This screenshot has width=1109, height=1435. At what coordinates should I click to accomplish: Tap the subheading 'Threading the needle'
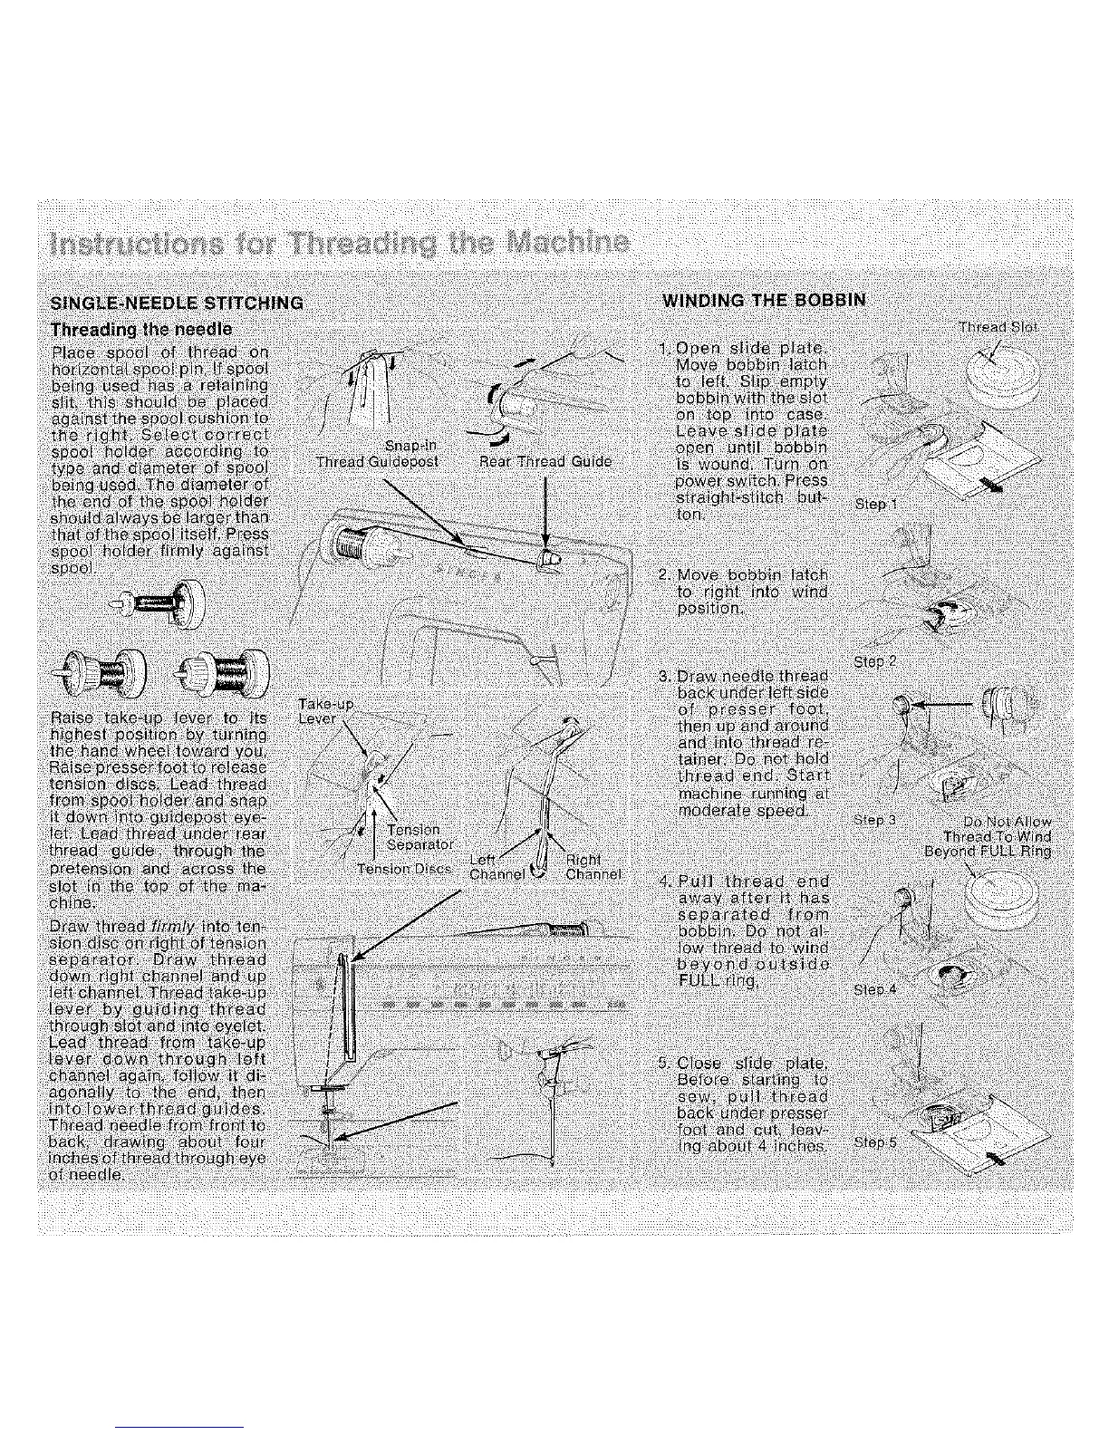pyautogui.click(x=141, y=328)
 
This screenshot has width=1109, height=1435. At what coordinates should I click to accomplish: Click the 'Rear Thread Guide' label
pyautogui.click(x=545, y=461)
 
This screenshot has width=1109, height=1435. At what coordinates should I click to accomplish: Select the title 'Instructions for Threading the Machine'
pyautogui.click(x=340, y=244)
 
